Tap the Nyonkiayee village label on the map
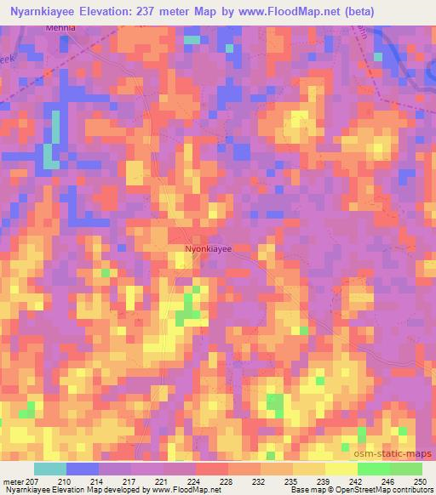click(209, 249)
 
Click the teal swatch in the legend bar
click(50, 469)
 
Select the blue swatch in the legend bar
click(83, 469)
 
